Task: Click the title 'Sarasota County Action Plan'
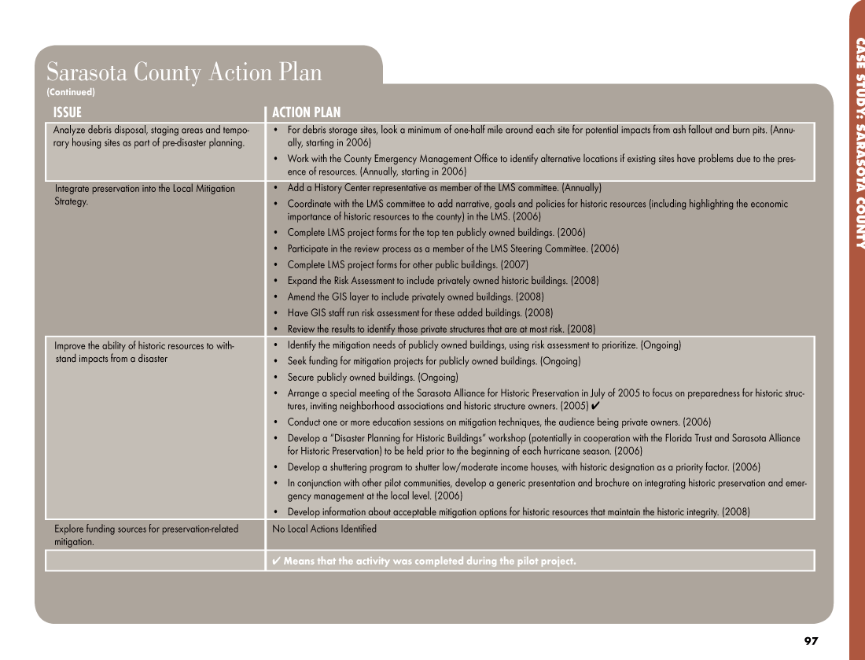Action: pyautogui.click(x=184, y=72)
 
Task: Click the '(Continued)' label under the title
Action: pyautogui.click(x=71, y=92)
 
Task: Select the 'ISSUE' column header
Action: pyautogui.click(x=68, y=112)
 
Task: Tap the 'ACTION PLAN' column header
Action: pyautogui.click(x=307, y=112)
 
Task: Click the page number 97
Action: pyautogui.click(x=812, y=641)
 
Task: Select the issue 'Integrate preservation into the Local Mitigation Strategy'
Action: pyautogui.click(x=145, y=194)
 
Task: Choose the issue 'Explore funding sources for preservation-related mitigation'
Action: pyautogui.click(x=146, y=535)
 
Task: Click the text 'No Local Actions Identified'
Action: pyautogui.click(x=324, y=529)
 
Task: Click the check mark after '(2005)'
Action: pyautogui.click(x=595, y=406)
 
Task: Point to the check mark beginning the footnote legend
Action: pyautogui.click(x=277, y=561)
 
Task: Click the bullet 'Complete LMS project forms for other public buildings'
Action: pyautogui.click(x=407, y=264)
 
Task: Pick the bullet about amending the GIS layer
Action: pyautogui.click(x=415, y=297)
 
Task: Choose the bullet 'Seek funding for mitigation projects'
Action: pyautogui.click(x=434, y=362)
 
